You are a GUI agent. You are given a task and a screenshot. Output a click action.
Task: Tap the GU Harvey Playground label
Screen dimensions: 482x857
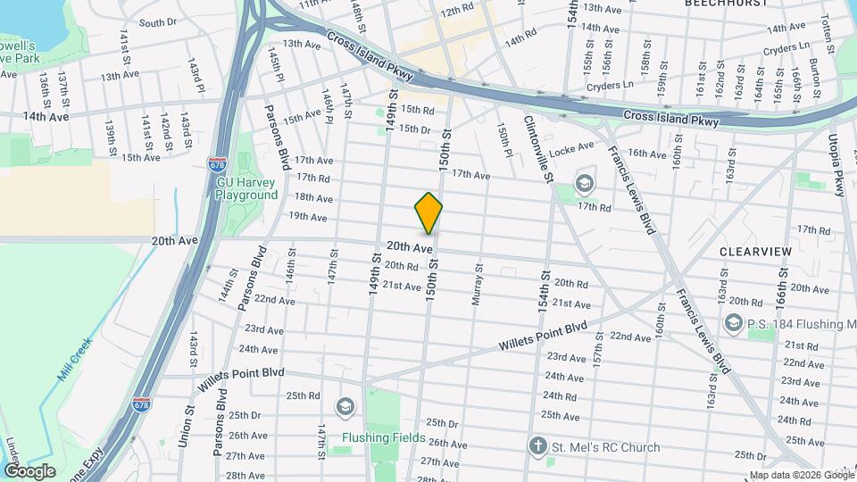247,188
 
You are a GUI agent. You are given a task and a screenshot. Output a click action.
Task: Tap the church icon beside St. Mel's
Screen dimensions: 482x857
537,445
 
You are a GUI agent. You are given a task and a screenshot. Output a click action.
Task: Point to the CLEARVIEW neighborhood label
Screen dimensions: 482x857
755,252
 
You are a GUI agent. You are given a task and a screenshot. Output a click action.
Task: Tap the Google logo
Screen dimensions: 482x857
29,471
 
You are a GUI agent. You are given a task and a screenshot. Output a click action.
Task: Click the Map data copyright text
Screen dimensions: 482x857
800,475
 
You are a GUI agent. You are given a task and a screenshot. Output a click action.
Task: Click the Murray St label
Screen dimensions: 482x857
477,285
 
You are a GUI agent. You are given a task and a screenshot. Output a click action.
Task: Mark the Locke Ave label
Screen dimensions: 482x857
573,147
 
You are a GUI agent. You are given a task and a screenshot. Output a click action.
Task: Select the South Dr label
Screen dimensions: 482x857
158,22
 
